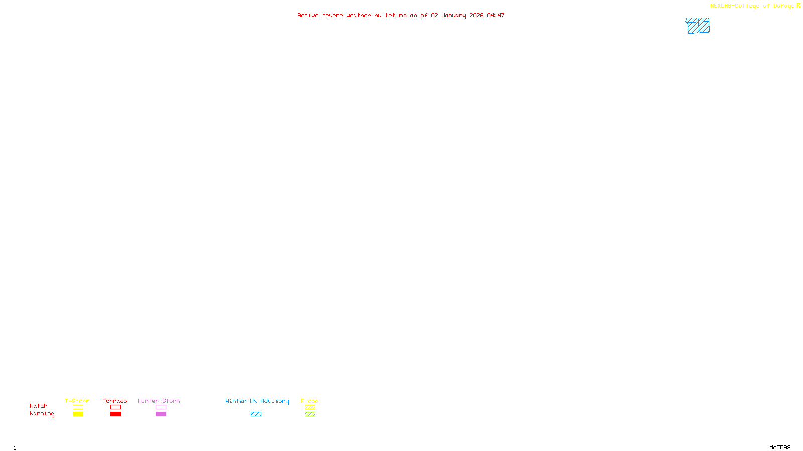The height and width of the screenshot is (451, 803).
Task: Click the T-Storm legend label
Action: coord(77,401)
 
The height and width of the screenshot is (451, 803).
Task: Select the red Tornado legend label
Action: coord(115,401)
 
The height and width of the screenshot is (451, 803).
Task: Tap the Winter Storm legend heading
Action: coord(159,401)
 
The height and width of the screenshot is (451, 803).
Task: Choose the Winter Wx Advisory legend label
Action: coord(257,401)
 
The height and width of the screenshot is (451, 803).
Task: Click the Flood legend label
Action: coord(310,401)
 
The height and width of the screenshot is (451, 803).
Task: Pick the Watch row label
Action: coord(39,406)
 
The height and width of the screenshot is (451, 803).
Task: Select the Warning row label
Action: coord(42,414)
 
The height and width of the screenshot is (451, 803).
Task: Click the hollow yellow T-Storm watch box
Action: coord(78,407)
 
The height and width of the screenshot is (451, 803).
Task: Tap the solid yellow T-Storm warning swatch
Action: coord(78,414)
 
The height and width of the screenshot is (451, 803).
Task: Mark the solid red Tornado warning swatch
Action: coord(115,414)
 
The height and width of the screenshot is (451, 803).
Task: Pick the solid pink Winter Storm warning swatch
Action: coord(161,414)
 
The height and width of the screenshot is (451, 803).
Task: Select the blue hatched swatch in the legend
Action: coord(256,414)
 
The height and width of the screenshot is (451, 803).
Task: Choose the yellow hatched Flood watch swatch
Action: coord(310,407)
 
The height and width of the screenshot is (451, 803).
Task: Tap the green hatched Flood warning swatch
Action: coord(310,414)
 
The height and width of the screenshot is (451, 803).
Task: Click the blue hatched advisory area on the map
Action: coord(698,26)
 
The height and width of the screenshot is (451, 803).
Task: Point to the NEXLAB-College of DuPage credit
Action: coord(752,6)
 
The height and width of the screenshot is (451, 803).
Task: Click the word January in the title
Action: coord(454,15)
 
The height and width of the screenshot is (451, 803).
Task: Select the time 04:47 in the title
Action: coord(496,15)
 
